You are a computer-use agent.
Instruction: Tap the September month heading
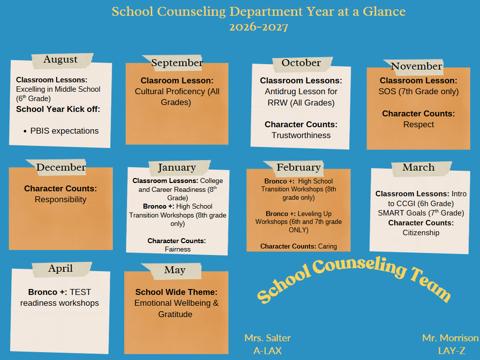point(174,63)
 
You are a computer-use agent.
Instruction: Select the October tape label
point(302,64)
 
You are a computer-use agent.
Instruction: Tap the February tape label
point(295,168)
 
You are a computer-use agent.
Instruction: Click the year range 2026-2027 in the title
point(259,27)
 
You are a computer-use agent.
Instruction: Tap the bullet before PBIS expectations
point(25,132)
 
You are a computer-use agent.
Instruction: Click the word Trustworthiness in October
point(301,136)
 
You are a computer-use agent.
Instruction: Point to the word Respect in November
point(418,125)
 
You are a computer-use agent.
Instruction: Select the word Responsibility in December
point(61,199)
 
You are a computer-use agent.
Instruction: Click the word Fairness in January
point(177,250)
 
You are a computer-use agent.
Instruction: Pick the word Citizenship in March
point(421,233)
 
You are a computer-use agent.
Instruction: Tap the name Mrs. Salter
point(267,338)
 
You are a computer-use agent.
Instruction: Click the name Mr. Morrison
point(450,338)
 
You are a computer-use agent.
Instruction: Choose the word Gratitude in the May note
point(175,314)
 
